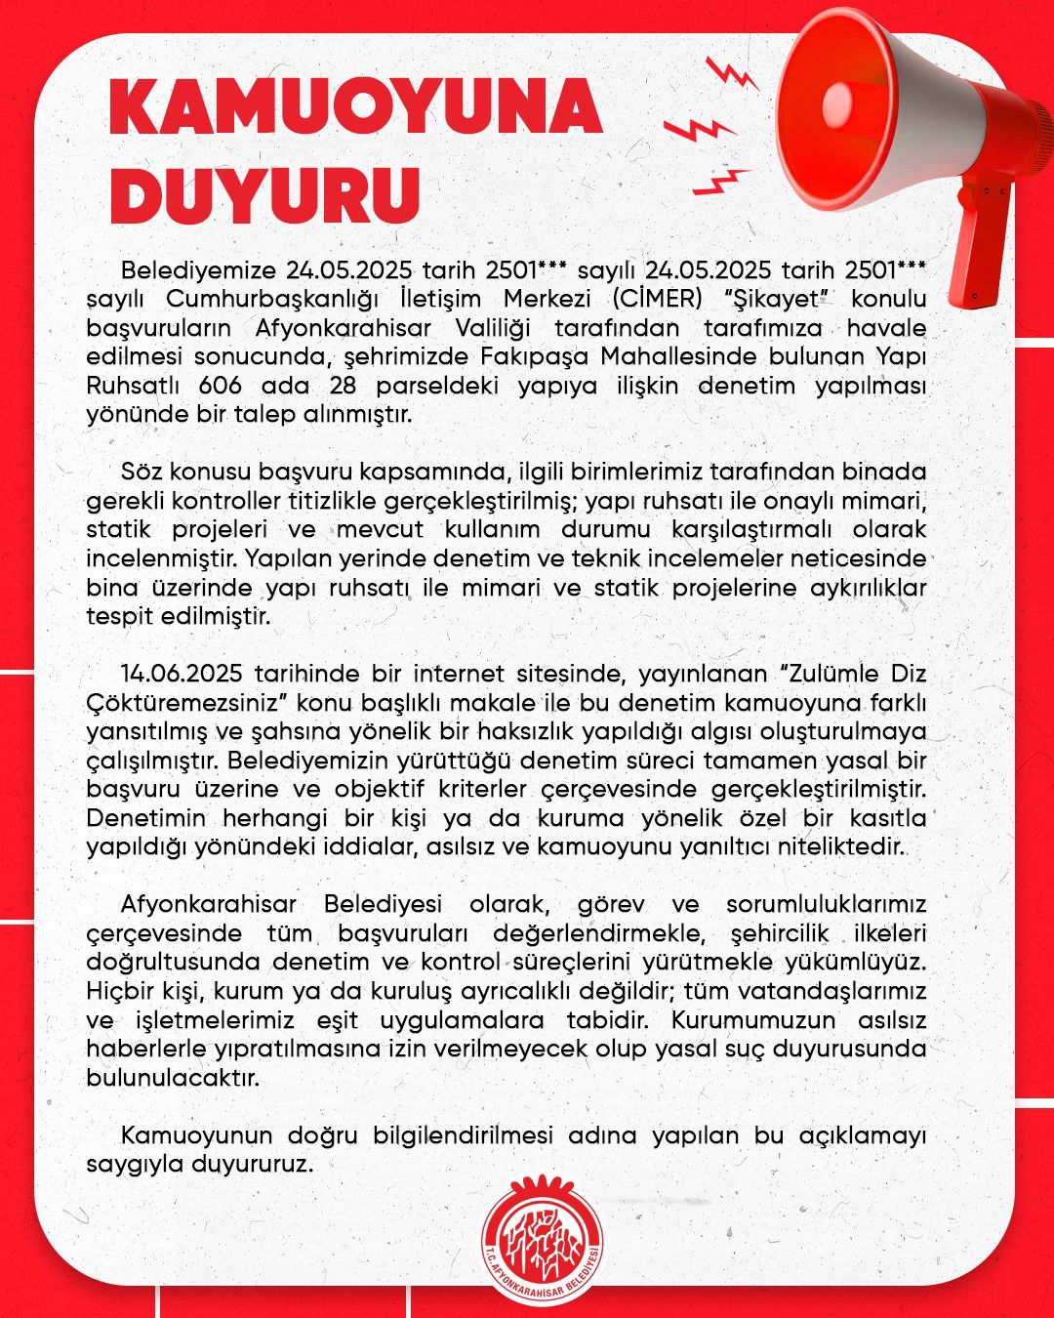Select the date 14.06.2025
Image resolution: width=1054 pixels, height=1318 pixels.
pyautogui.click(x=182, y=673)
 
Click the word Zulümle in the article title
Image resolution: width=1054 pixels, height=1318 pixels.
pyautogui.click(x=816, y=673)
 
